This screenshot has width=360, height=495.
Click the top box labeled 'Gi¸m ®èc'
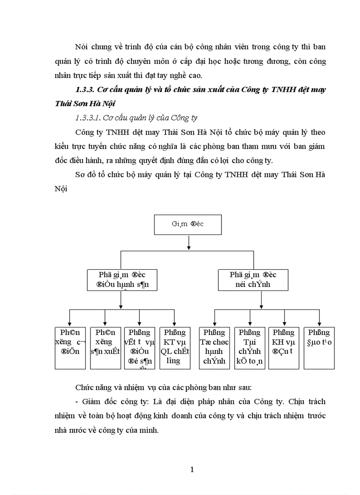pos(188,224)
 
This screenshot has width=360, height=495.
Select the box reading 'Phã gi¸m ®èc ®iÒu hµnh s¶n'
pos(121,279)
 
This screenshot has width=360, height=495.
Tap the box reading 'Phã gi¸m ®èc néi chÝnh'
pos(253,279)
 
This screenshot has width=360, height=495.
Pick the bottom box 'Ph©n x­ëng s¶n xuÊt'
pos(105,348)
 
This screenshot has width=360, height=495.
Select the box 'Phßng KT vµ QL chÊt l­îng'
pos(175,348)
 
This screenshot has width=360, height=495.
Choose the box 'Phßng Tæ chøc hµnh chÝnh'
pos(214,348)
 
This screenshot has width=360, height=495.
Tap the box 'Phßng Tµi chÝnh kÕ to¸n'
pos(249,348)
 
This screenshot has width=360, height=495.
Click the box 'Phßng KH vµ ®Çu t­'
pos(284,348)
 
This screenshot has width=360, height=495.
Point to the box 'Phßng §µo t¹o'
pos(319,348)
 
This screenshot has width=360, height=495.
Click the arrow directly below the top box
pos(188,242)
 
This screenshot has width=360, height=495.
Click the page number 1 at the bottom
pos(192,469)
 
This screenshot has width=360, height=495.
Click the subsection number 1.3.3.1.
pos(89,118)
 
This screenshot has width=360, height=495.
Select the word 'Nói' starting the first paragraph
pos(82,47)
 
